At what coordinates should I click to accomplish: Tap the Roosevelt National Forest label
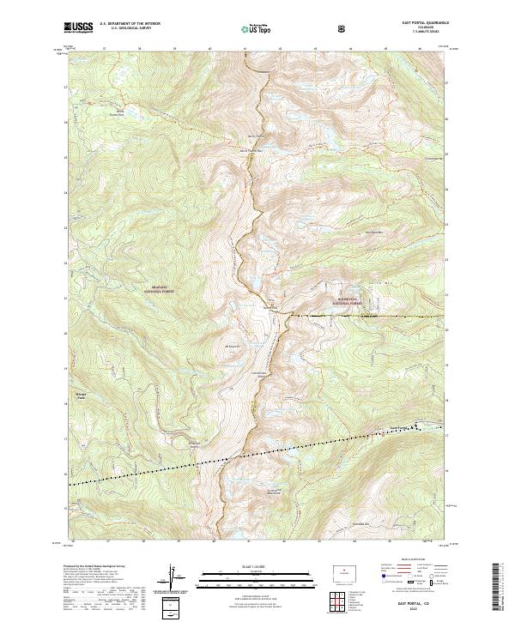[351, 300]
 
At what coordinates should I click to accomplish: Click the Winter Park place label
[75, 396]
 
